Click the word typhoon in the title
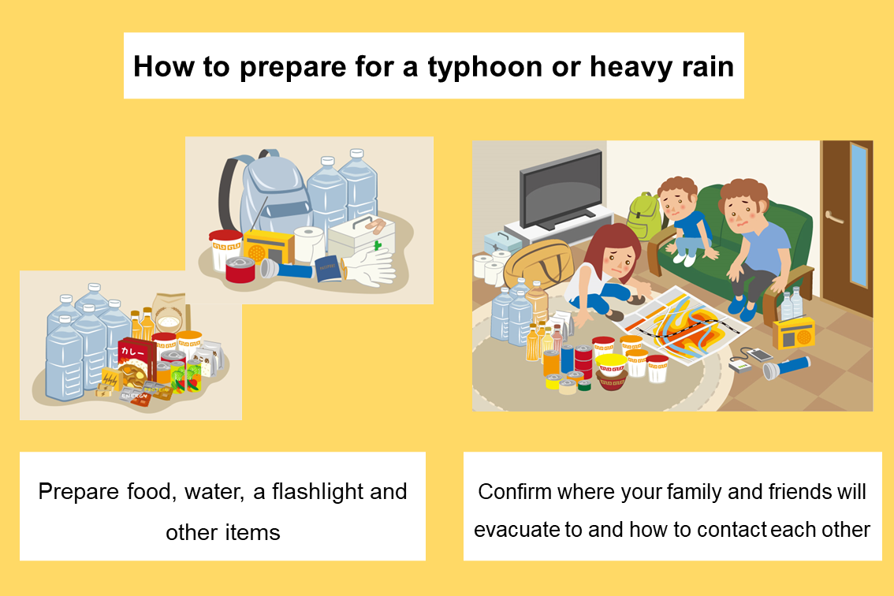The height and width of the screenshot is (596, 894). tap(485, 68)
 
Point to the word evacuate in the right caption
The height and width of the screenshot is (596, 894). tap(516, 530)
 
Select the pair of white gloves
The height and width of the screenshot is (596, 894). tap(370, 267)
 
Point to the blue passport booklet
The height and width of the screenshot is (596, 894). tap(328, 268)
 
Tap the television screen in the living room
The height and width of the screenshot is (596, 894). tap(561, 189)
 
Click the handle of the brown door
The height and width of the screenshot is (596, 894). tap(833, 218)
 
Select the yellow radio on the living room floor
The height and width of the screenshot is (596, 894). tap(794, 333)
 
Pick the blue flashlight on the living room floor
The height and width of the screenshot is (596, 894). tap(786, 367)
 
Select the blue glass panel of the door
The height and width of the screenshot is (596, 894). tap(858, 214)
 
